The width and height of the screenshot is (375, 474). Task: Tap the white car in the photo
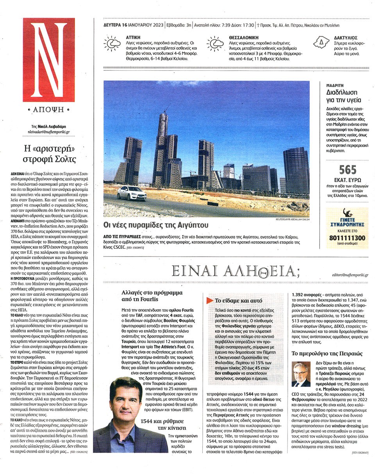point(132,193)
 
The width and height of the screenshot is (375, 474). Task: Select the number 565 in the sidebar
point(348,169)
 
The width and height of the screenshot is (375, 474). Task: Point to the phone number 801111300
point(347,238)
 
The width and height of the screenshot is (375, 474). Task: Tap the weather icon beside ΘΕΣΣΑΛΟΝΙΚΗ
point(215,43)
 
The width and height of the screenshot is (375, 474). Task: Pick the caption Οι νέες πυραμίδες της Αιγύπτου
point(156,225)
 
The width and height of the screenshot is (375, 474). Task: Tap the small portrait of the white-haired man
point(301,374)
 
